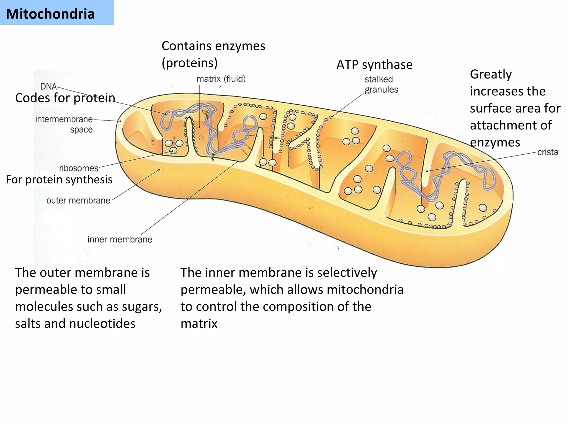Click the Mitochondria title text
pyautogui.click(x=50, y=14)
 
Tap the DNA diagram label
pyautogui.click(x=48, y=86)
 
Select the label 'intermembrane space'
pyautogui.click(x=64, y=124)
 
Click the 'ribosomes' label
pyautogui.click(x=79, y=168)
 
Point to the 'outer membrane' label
pyautogui.click(x=78, y=200)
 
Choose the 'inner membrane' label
pyautogui.click(x=120, y=239)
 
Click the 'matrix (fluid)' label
pyautogui.click(x=221, y=79)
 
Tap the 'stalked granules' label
pyautogui.click(x=381, y=84)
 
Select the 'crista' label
pyautogui.click(x=548, y=152)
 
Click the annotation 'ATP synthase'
pyautogui.click(x=374, y=65)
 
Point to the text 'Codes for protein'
pyautogui.click(x=65, y=98)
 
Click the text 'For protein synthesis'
pyautogui.click(x=59, y=180)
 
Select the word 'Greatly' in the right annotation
pyautogui.click(x=491, y=74)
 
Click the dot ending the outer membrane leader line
pyautogui.click(x=159, y=170)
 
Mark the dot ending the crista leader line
pyautogui.click(x=427, y=171)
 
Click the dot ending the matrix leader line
pyautogui.click(x=200, y=127)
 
